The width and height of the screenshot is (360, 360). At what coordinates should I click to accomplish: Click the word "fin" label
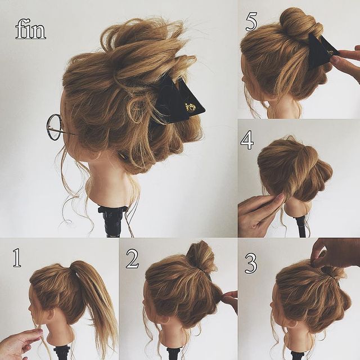[x=30, y=30]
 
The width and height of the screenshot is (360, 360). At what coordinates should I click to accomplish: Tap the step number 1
[x=17, y=258]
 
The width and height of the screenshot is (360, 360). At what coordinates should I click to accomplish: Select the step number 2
[x=132, y=259]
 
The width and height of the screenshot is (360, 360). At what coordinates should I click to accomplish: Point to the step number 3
[x=251, y=263]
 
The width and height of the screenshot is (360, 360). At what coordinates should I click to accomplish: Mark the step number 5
[x=251, y=22]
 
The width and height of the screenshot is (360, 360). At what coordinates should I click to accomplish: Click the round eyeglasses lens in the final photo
[x=54, y=127]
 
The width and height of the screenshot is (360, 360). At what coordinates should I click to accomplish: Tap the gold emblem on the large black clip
[x=191, y=107]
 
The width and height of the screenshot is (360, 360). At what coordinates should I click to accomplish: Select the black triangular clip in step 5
[x=321, y=51]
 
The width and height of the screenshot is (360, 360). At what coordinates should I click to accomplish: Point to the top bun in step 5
[x=301, y=23]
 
